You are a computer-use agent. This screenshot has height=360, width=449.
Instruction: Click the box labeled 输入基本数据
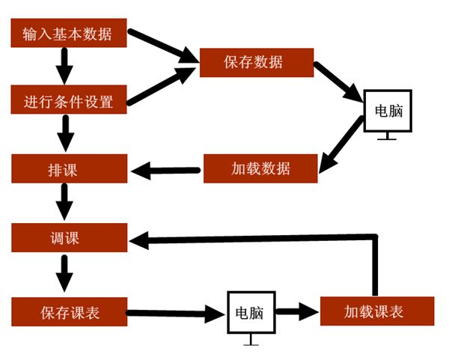coord(67,34)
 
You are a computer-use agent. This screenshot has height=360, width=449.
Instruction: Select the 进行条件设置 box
coord(67,100)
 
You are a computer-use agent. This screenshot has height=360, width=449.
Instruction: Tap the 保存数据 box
coord(257,61)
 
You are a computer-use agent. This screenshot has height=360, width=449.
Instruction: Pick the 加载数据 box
coord(260,168)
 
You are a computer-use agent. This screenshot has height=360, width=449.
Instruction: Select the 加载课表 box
coord(377,311)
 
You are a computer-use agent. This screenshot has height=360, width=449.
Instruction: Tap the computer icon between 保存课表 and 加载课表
coord(251,314)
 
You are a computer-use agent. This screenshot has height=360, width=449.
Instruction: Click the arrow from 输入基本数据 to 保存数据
coord(161,45)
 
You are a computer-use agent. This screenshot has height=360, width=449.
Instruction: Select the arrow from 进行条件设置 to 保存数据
coord(161,84)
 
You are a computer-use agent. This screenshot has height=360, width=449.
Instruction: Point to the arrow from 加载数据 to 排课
coord(167,171)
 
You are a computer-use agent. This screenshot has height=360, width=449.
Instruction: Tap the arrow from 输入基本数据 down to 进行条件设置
coord(65,66)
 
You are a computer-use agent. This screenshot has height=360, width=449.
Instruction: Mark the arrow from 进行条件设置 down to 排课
coord(65,135)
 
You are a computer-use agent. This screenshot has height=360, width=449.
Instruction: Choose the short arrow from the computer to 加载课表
coord(297,311)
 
